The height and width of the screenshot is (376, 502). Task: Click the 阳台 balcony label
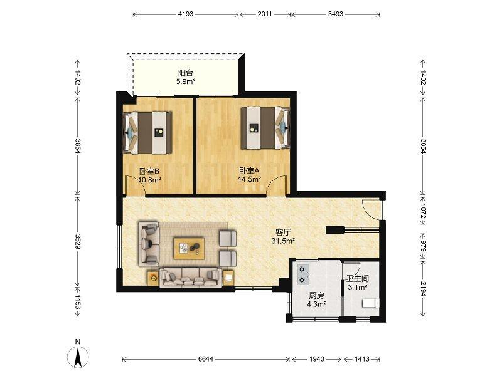coord(185,73)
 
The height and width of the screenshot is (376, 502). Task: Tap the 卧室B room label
coord(149,171)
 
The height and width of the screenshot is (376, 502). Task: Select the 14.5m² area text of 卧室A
coord(249,179)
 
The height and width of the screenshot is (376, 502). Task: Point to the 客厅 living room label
coord(283,232)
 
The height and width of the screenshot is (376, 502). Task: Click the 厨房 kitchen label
coord(316,296)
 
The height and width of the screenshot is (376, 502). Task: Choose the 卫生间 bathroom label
coord(358,279)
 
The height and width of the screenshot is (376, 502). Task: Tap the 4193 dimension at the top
coord(186,14)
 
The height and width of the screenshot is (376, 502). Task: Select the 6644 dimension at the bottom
coord(206,359)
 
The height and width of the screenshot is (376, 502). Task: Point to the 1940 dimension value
coord(316,359)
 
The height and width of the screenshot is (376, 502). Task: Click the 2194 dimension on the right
coord(423,289)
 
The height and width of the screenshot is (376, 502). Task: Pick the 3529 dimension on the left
coord(78,241)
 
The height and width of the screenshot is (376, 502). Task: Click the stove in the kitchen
coord(303,275)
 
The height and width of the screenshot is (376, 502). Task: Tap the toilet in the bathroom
coord(370,303)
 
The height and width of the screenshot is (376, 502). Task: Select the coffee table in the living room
coord(190,248)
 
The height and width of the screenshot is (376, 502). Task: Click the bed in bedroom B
coord(147,132)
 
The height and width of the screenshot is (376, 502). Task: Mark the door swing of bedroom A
coord(277,185)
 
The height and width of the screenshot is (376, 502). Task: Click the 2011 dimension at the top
coord(265,14)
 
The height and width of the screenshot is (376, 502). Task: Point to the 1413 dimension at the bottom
coord(362,359)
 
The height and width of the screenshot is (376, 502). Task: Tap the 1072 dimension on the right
coord(423,211)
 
